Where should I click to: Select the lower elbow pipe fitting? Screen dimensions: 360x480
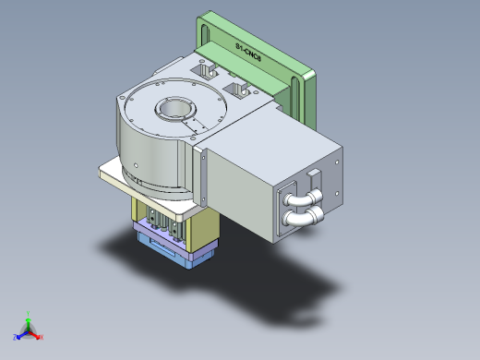pyautogui.click(x=302, y=218)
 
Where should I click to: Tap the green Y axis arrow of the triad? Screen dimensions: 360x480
pyautogui.click(x=29, y=318)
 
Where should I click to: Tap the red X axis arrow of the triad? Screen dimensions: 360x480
pyautogui.click(x=40, y=336)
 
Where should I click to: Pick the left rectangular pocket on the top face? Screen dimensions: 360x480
pyautogui.click(x=204, y=69)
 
